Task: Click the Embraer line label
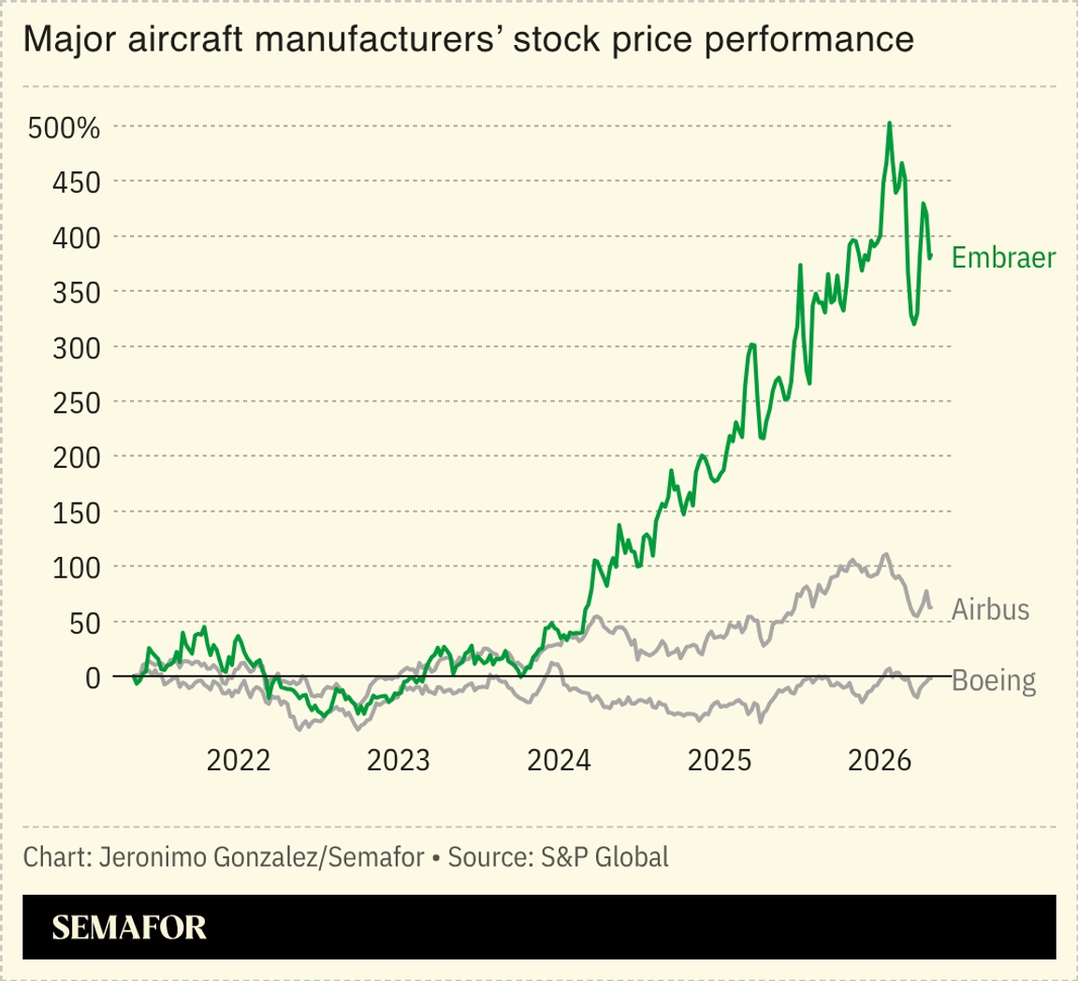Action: click(x=1003, y=258)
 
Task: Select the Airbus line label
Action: click(x=990, y=610)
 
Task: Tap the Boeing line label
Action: click(x=994, y=681)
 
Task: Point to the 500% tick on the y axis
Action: click(x=64, y=127)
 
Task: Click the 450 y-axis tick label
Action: click(x=74, y=182)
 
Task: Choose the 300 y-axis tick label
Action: click(x=74, y=347)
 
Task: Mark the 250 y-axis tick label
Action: click(x=74, y=403)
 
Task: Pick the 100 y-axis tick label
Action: click(x=74, y=567)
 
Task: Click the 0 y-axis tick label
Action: click(x=92, y=677)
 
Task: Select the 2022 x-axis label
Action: click(x=239, y=760)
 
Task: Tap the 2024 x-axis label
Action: click(x=559, y=760)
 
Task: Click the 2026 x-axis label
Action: click(x=879, y=760)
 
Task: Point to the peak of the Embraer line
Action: click(x=889, y=123)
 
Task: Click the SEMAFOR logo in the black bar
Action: click(x=129, y=927)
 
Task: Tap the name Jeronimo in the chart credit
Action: click(x=140, y=857)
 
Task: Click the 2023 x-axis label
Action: click(x=399, y=760)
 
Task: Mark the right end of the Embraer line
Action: click(x=930, y=256)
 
